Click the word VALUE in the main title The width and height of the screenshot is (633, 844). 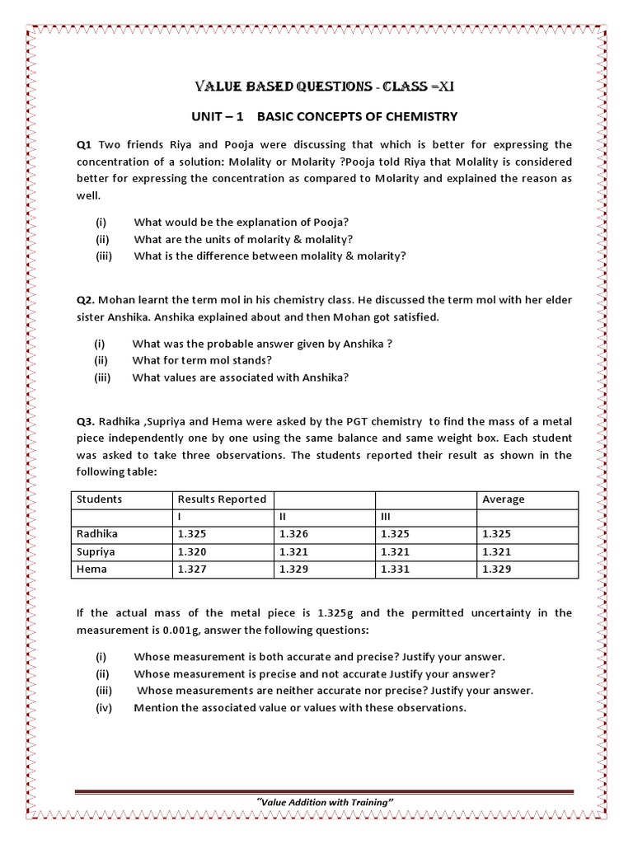[x=218, y=87]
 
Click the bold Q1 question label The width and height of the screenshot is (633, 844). [x=84, y=145]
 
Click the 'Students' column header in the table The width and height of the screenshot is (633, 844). [x=99, y=499]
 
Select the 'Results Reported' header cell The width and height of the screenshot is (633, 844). [x=222, y=499]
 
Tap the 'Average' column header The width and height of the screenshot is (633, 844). [x=504, y=499]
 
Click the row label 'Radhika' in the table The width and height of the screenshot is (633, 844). [x=98, y=534]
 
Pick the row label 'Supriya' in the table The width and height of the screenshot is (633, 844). [x=96, y=551]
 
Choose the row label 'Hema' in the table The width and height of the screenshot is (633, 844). [x=91, y=569]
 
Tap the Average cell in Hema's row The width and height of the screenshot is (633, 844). [x=497, y=569]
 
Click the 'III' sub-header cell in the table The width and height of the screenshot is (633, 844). [x=385, y=516]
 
